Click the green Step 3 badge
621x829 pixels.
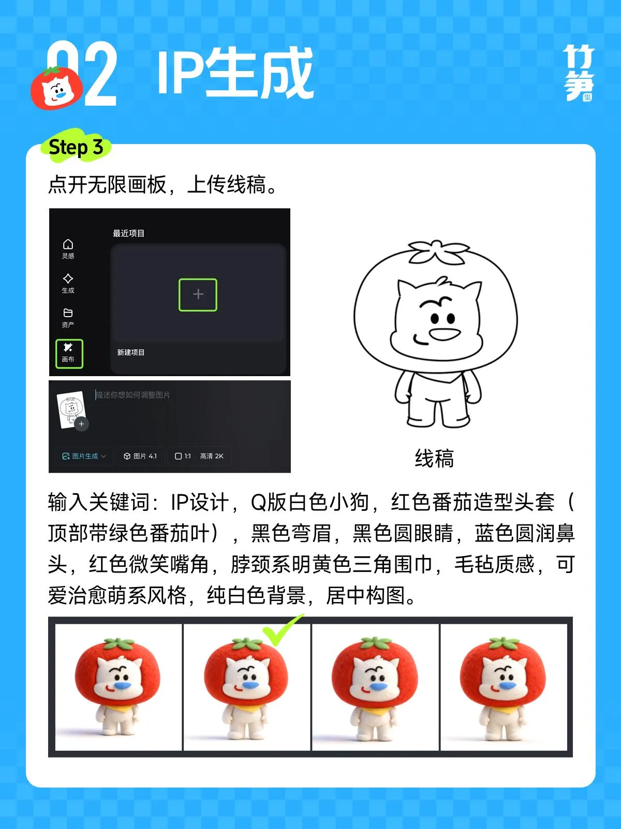[x=76, y=147]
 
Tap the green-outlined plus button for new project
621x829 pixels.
[x=198, y=295]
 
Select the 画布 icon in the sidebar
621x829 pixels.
[x=69, y=353]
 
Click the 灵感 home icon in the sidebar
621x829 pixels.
[x=68, y=249]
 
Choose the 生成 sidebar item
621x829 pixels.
[x=68, y=283]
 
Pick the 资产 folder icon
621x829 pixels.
[x=68, y=318]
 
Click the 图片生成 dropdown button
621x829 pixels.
[x=84, y=456]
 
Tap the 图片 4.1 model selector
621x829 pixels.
[x=140, y=456]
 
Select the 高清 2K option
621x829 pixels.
[x=212, y=456]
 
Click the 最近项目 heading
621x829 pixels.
[x=128, y=233]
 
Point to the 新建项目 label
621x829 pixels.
[x=130, y=352]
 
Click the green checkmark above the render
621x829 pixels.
[x=282, y=629]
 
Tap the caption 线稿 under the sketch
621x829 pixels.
[x=434, y=459]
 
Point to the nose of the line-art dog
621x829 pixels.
[x=445, y=334]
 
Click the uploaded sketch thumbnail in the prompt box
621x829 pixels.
[x=71, y=410]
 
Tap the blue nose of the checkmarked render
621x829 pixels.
[x=250, y=685]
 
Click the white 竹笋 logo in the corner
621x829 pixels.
[x=579, y=73]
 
